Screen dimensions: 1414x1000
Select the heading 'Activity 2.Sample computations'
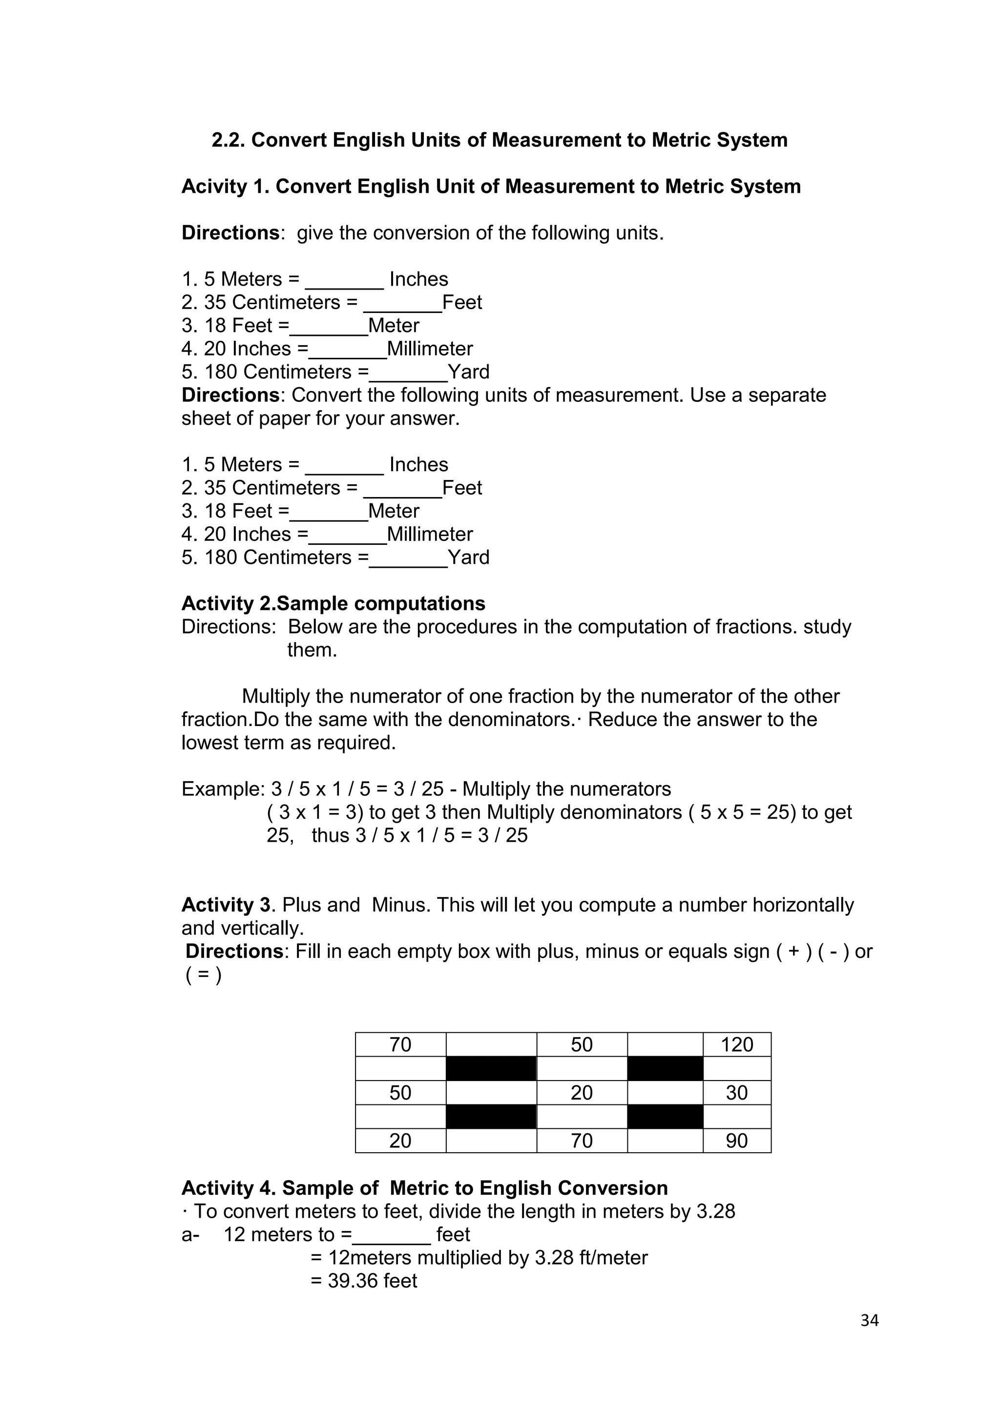coord(333,603)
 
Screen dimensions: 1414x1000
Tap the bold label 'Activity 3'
coord(226,905)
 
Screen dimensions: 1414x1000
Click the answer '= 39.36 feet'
coord(364,1280)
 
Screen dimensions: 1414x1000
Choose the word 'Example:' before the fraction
coord(223,789)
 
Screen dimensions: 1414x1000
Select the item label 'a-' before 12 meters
coord(190,1234)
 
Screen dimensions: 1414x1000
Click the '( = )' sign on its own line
coord(203,976)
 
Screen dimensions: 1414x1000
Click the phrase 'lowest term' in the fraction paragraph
coord(233,743)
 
